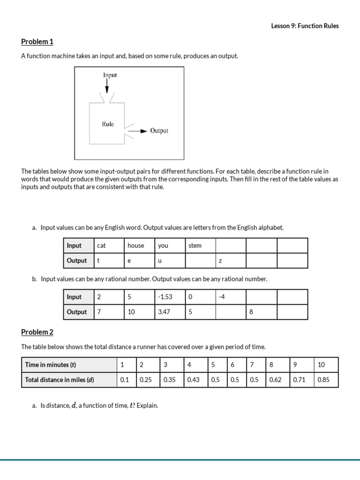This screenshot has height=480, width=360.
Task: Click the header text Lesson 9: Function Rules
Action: click(x=305, y=26)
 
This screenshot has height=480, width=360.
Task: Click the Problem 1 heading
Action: click(x=37, y=42)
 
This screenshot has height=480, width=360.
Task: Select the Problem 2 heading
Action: click(x=37, y=332)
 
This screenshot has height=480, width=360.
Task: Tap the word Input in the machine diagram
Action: click(x=110, y=75)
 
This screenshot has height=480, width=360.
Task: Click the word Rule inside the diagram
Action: click(x=108, y=124)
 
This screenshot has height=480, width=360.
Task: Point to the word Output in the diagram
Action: click(x=159, y=131)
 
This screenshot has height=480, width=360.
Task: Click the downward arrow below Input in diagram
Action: click(x=107, y=86)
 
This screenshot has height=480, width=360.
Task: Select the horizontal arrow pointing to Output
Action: click(x=138, y=131)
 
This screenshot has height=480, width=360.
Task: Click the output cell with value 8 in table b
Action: click(x=261, y=312)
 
